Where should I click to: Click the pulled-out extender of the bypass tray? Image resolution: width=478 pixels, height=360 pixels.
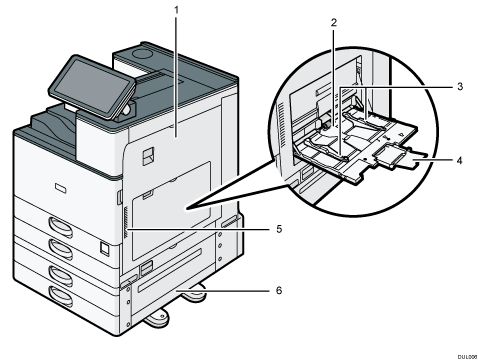pyautogui.click(x=404, y=158)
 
